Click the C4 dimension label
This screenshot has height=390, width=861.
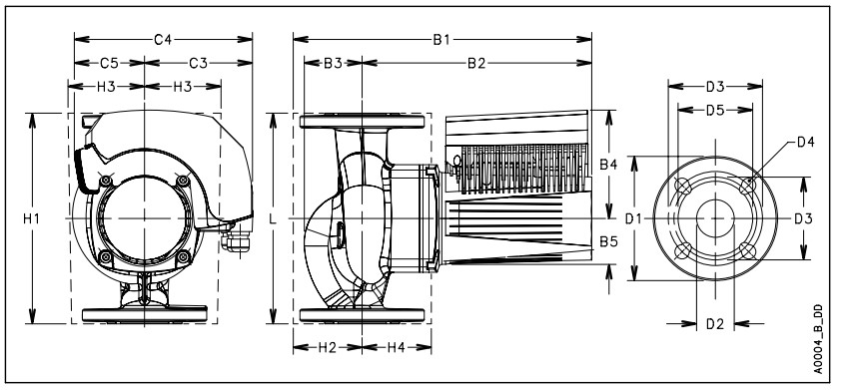pyautogui.click(x=163, y=40)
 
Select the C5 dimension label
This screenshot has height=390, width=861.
pyautogui.click(x=109, y=63)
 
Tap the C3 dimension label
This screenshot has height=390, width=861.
pyautogui.click(x=198, y=63)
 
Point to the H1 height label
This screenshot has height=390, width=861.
pyautogui.click(x=31, y=218)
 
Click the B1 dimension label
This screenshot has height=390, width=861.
pyautogui.click(x=441, y=40)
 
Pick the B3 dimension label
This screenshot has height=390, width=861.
pyautogui.click(x=333, y=63)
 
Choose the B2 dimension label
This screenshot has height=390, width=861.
pyautogui.click(x=476, y=63)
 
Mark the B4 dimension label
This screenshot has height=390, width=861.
pyautogui.click(x=608, y=164)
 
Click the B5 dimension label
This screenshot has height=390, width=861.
pyautogui.click(x=608, y=241)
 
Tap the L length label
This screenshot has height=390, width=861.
pyautogui.click(x=273, y=218)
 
